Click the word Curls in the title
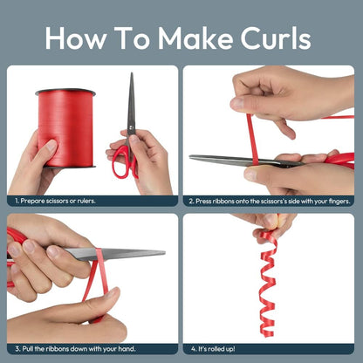(x=276, y=38)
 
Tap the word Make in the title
(x=195, y=38)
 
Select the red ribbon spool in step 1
(x=65, y=128)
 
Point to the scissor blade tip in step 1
(x=132, y=73)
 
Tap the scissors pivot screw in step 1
(x=131, y=127)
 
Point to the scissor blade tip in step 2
(x=190, y=157)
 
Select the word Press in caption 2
(x=203, y=201)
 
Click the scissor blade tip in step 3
(x=164, y=252)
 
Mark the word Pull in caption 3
(x=28, y=348)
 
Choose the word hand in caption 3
(x=127, y=348)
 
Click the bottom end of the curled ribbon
(x=267, y=335)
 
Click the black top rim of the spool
(x=65, y=92)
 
